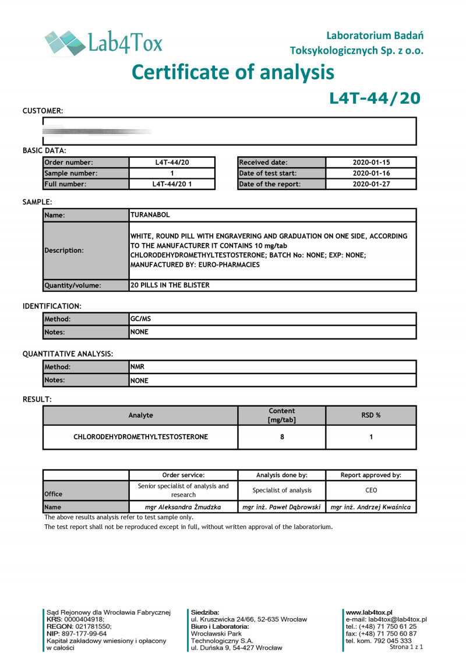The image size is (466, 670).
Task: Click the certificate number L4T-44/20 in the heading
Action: click(375, 98)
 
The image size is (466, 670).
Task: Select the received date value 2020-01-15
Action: click(371, 163)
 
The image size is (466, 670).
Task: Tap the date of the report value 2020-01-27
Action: click(371, 184)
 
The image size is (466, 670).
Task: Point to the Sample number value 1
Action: click(172, 173)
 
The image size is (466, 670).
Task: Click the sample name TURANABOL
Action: click(150, 215)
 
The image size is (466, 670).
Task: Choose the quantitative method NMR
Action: click(137, 367)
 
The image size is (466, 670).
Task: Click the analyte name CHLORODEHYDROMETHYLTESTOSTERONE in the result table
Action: click(140, 436)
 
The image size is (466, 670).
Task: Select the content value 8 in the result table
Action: click(282, 436)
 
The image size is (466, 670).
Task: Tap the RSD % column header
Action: click(371, 415)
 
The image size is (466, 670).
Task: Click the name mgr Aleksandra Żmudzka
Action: click(183, 507)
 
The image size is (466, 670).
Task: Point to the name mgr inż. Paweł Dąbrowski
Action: click(281, 507)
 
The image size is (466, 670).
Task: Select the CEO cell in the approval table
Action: click(370, 490)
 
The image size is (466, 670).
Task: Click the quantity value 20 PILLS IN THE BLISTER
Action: click(170, 285)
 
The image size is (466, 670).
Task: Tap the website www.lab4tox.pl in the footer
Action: click(369, 612)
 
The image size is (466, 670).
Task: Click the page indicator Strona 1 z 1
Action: click(406, 647)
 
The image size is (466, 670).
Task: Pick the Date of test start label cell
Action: click(268, 173)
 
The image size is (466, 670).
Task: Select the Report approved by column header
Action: click(370, 475)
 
